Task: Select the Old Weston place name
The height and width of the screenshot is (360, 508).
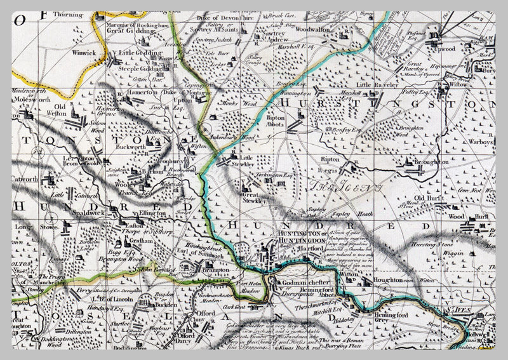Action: [61, 110]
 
